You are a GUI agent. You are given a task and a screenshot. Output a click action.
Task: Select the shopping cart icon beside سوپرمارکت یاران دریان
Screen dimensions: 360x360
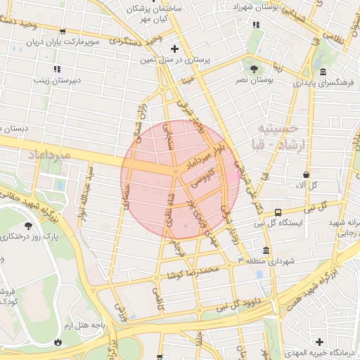point(63,31)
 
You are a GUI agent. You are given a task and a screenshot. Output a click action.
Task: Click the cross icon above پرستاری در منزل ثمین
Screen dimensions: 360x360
point(174,49)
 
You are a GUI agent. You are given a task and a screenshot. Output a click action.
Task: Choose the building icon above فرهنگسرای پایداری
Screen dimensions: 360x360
point(323,72)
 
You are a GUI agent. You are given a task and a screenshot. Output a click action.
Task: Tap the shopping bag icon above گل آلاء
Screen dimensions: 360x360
point(307,174)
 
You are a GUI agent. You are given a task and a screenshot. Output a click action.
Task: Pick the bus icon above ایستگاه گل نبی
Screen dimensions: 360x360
point(278,212)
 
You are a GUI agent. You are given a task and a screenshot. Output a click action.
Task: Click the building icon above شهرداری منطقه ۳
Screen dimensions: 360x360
point(265,250)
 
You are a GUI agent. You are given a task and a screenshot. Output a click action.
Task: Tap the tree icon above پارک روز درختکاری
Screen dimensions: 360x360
point(28,226)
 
